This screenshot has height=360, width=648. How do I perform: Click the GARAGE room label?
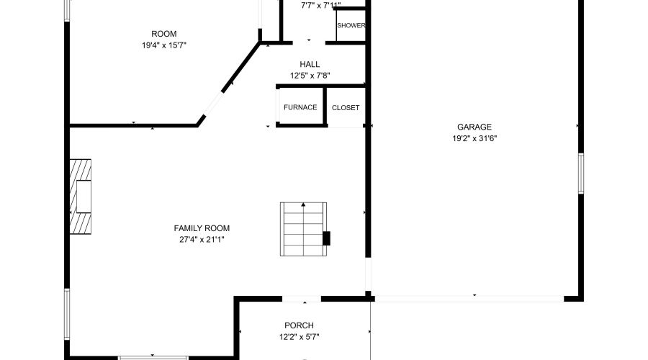[x=474, y=127]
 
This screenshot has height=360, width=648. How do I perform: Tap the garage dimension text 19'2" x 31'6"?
[x=474, y=138]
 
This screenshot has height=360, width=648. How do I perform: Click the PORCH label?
[x=299, y=325]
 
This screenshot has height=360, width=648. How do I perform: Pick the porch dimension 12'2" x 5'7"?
[x=299, y=337]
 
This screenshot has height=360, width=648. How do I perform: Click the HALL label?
[x=310, y=64]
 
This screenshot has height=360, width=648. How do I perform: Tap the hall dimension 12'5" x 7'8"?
[x=310, y=76]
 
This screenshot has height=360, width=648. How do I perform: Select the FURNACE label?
[x=300, y=108]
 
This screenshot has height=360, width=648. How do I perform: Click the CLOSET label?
[x=346, y=108]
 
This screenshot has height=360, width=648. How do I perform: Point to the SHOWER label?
[x=351, y=26]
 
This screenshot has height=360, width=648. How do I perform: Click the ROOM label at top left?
[x=163, y=34]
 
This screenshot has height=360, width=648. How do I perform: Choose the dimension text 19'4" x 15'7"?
[x=163, y=45]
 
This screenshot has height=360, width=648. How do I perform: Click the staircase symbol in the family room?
[x=304, y=230]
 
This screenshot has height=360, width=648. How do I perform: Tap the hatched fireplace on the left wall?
[x=81, y=196]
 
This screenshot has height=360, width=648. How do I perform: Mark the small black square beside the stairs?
[x=326, y=238]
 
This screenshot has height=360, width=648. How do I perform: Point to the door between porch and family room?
[x=302, y=299]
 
